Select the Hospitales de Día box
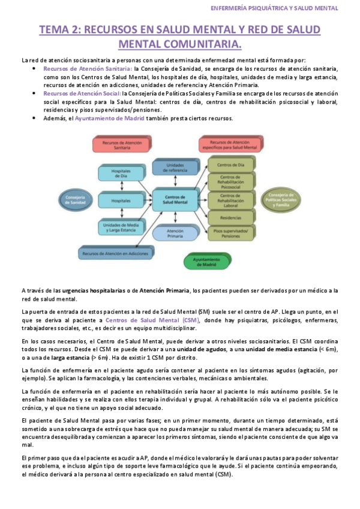[x=122, y=175]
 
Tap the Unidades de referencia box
[x=175, y=166]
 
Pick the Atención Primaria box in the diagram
[x=175, y=232]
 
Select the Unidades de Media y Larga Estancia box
[x=122, y=226]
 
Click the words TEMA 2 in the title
[x=59, y=30]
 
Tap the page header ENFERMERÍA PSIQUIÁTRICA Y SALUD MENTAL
[x=275, y=8]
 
